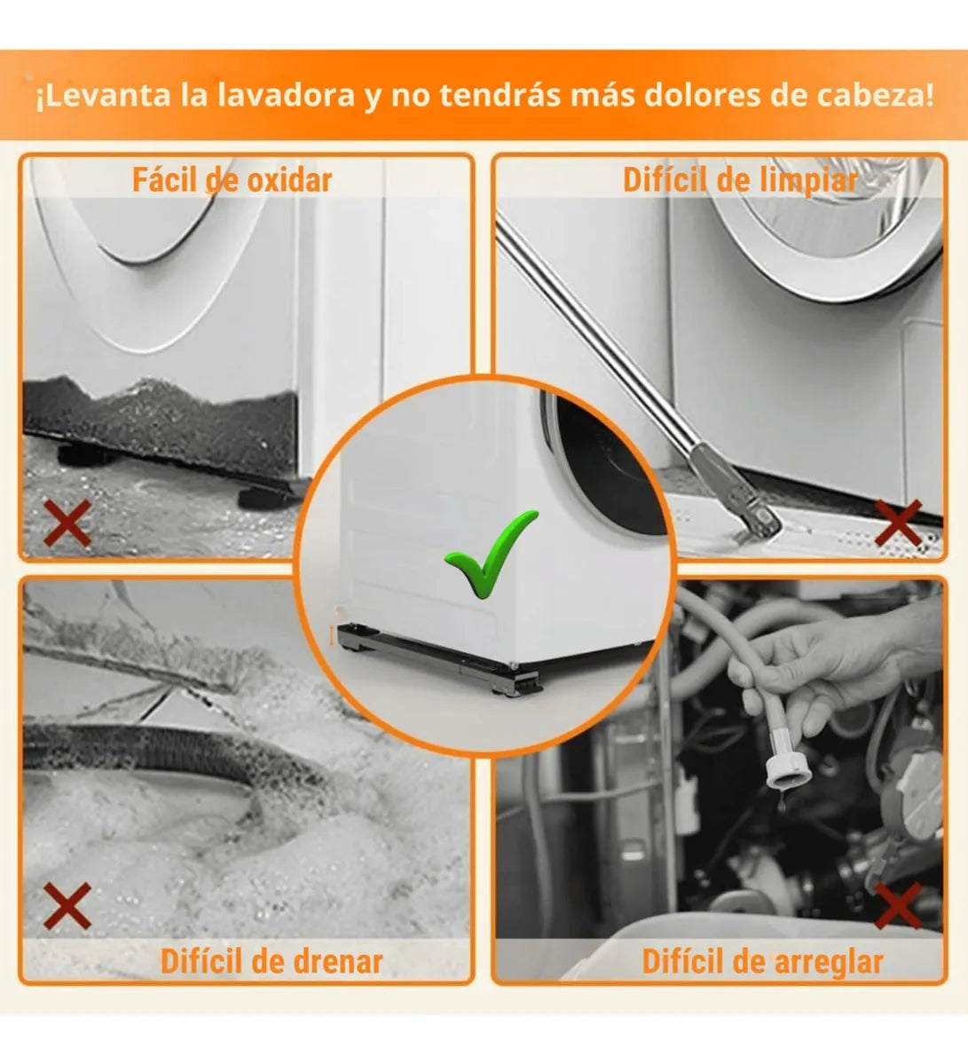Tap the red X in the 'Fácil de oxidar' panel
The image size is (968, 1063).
pos(67,523)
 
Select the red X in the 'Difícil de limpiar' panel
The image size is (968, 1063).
pos(898,523)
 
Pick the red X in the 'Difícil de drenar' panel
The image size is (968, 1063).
pos(67,906)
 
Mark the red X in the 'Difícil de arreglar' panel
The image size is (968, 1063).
pos(898,906)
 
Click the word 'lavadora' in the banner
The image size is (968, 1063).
pos(286,95)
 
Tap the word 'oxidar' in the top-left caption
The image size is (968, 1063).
pos(288,180)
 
